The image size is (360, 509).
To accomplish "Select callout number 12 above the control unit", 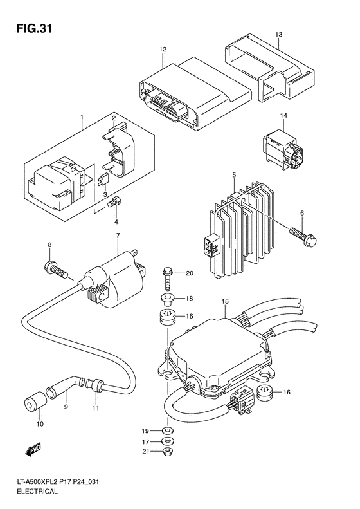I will click(163, 49).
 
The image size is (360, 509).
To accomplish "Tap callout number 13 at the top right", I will click(278, 33).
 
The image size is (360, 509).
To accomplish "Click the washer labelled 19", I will click(168, 430).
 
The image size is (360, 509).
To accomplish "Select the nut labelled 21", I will click(168, 454).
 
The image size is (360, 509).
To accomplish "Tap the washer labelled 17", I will click(168, 441).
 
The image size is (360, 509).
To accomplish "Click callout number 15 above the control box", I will click(226, 301).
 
